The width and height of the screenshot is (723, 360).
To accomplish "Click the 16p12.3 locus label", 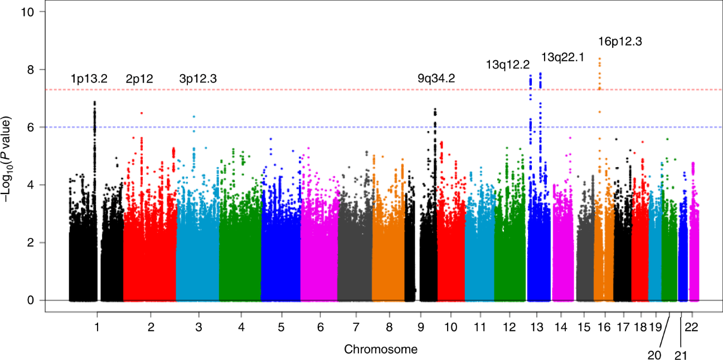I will pos(620,42).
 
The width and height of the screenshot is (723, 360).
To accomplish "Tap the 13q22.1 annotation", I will pos(563,56).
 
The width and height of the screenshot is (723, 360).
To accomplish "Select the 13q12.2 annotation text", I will pos(508,65).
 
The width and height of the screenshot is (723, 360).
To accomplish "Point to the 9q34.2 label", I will pos(436,79).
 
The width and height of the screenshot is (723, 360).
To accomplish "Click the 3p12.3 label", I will pos(197,79).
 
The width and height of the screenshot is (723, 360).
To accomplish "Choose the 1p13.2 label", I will pos(89,79).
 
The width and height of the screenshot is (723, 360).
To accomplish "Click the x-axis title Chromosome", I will pos(381,350).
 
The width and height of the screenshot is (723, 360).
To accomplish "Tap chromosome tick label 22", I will pos(692,327).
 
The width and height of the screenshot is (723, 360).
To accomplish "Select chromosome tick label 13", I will pos(537,327).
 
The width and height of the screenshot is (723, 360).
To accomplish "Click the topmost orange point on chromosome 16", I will pos(599,58).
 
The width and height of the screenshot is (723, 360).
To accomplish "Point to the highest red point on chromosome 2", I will pos(142,113).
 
